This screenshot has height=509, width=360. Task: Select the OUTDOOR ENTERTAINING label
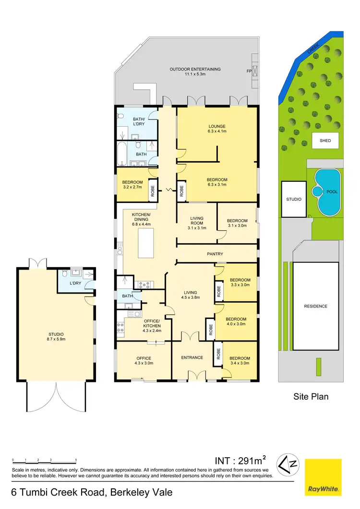click(x=195, y=69)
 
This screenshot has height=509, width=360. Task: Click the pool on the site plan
click(x=327, y=191)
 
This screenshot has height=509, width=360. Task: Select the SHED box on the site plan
click(x=325, y=141)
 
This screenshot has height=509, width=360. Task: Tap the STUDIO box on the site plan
click(x=293, y=199)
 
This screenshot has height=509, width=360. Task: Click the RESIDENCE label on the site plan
click(x=315, y=306)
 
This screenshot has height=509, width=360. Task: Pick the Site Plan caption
click(x=311, y=396)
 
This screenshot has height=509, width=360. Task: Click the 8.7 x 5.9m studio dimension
click(x=56, y=339)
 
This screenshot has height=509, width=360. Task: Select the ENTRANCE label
click(x=192, y=357)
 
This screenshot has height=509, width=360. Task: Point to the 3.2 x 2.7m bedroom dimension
click(x=132, y=188)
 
